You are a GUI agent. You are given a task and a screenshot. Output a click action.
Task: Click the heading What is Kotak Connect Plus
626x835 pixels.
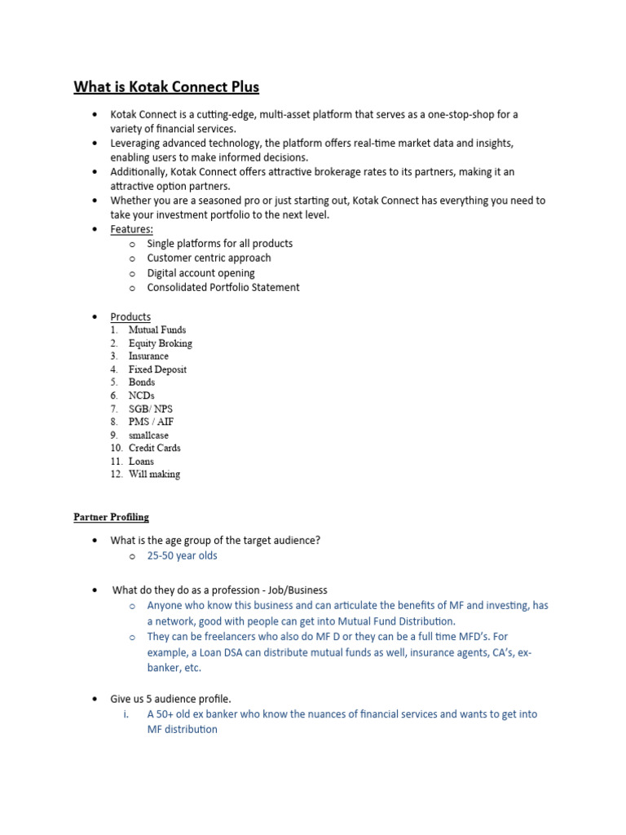[166, 86]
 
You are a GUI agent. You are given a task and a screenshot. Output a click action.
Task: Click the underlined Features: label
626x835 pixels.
[131, 229]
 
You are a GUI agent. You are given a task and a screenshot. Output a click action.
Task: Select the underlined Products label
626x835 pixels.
[130, 316]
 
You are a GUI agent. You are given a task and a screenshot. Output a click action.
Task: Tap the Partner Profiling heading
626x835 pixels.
[111, 517]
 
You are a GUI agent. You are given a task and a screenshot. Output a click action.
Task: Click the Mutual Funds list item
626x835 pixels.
[156, 330]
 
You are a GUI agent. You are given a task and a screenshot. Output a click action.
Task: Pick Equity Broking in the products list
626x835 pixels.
[160, 343]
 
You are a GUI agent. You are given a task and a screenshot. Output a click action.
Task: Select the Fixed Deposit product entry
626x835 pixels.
[157, 369]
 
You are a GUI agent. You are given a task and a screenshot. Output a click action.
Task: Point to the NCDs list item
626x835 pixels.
[141, 395]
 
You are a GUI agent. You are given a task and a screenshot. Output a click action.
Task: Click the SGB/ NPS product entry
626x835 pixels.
[150, 409]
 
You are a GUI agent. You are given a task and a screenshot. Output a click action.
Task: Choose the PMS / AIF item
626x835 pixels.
[151, 422]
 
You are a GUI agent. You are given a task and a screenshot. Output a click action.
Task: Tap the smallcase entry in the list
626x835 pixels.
[148, 435]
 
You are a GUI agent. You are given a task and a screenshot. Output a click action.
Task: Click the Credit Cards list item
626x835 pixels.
[154, 448]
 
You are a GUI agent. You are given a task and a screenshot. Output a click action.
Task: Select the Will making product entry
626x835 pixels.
[154, 474]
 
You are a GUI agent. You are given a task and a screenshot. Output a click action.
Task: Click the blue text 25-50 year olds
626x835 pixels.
[182, 556]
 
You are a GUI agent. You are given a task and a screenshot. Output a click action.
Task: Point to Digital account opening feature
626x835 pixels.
[201, 273]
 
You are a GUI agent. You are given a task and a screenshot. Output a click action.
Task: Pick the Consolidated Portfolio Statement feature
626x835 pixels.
[223, 288]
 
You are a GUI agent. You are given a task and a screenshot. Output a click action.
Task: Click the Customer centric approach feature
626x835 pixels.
[209, 258]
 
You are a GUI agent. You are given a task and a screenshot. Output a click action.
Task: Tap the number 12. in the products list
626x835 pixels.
[115, 474]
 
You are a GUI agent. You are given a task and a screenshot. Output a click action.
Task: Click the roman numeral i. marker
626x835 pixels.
[126, 714]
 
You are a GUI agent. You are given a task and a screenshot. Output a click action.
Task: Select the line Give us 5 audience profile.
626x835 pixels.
[170, 699]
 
